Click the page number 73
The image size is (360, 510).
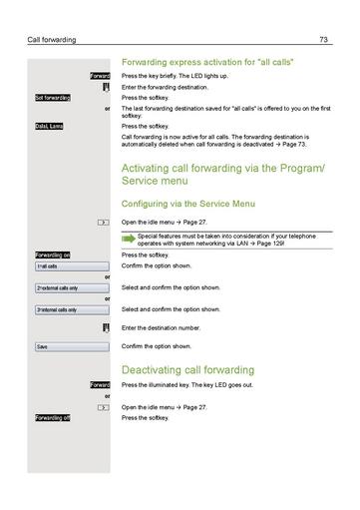[324, 39]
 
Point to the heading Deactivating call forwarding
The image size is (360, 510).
[187, 368]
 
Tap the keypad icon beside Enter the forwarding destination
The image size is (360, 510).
[105, 87]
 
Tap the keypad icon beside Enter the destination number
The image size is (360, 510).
[105, 327]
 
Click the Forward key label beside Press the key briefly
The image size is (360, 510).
[99, 76]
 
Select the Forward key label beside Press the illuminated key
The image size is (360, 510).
[99, 384]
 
